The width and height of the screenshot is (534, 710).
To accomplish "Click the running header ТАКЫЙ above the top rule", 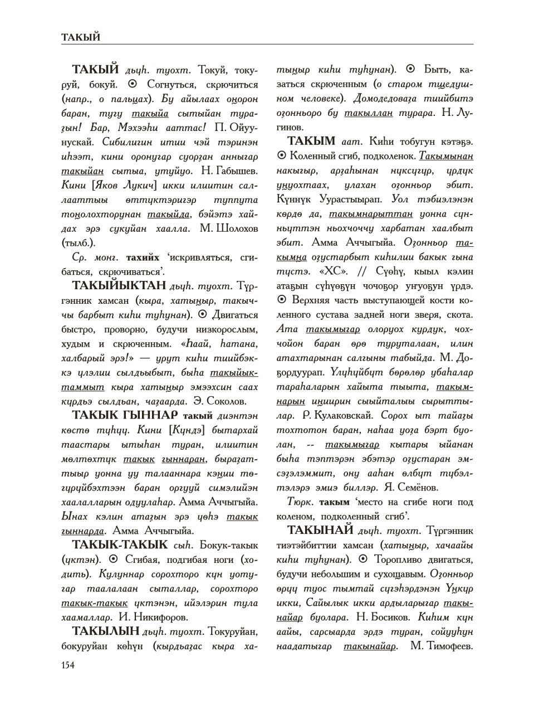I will [81, 37].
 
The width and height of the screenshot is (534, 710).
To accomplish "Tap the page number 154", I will [67, 664].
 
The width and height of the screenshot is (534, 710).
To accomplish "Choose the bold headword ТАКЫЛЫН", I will [106, 631].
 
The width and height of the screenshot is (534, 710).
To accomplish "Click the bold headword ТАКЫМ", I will [311, 142].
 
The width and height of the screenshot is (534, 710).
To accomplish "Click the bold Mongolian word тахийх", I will [143, 257].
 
